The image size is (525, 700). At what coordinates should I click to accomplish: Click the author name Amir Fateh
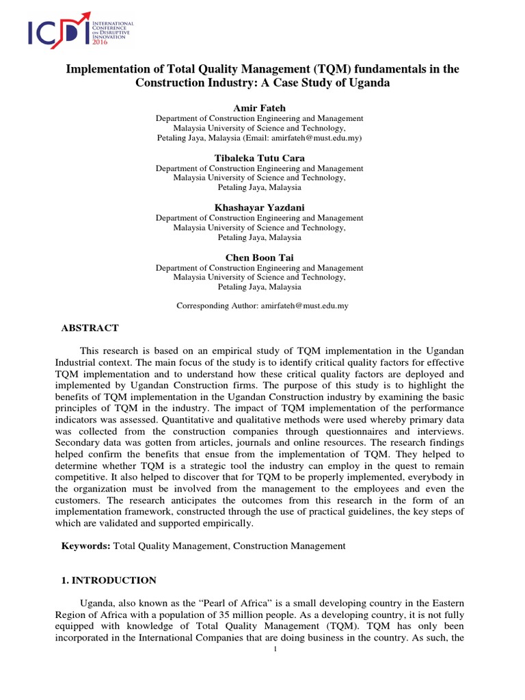point(259,107)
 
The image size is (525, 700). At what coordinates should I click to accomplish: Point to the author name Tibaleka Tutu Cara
point(259,158)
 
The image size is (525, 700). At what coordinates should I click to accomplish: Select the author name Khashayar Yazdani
point(259,208)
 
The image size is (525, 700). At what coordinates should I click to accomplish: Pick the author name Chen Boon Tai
point(259,257)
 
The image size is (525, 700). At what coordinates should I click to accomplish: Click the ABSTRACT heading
point(90,328)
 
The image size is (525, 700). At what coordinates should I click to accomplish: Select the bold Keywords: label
point(85,546)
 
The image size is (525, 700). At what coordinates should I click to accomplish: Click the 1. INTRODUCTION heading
point(105,580)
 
